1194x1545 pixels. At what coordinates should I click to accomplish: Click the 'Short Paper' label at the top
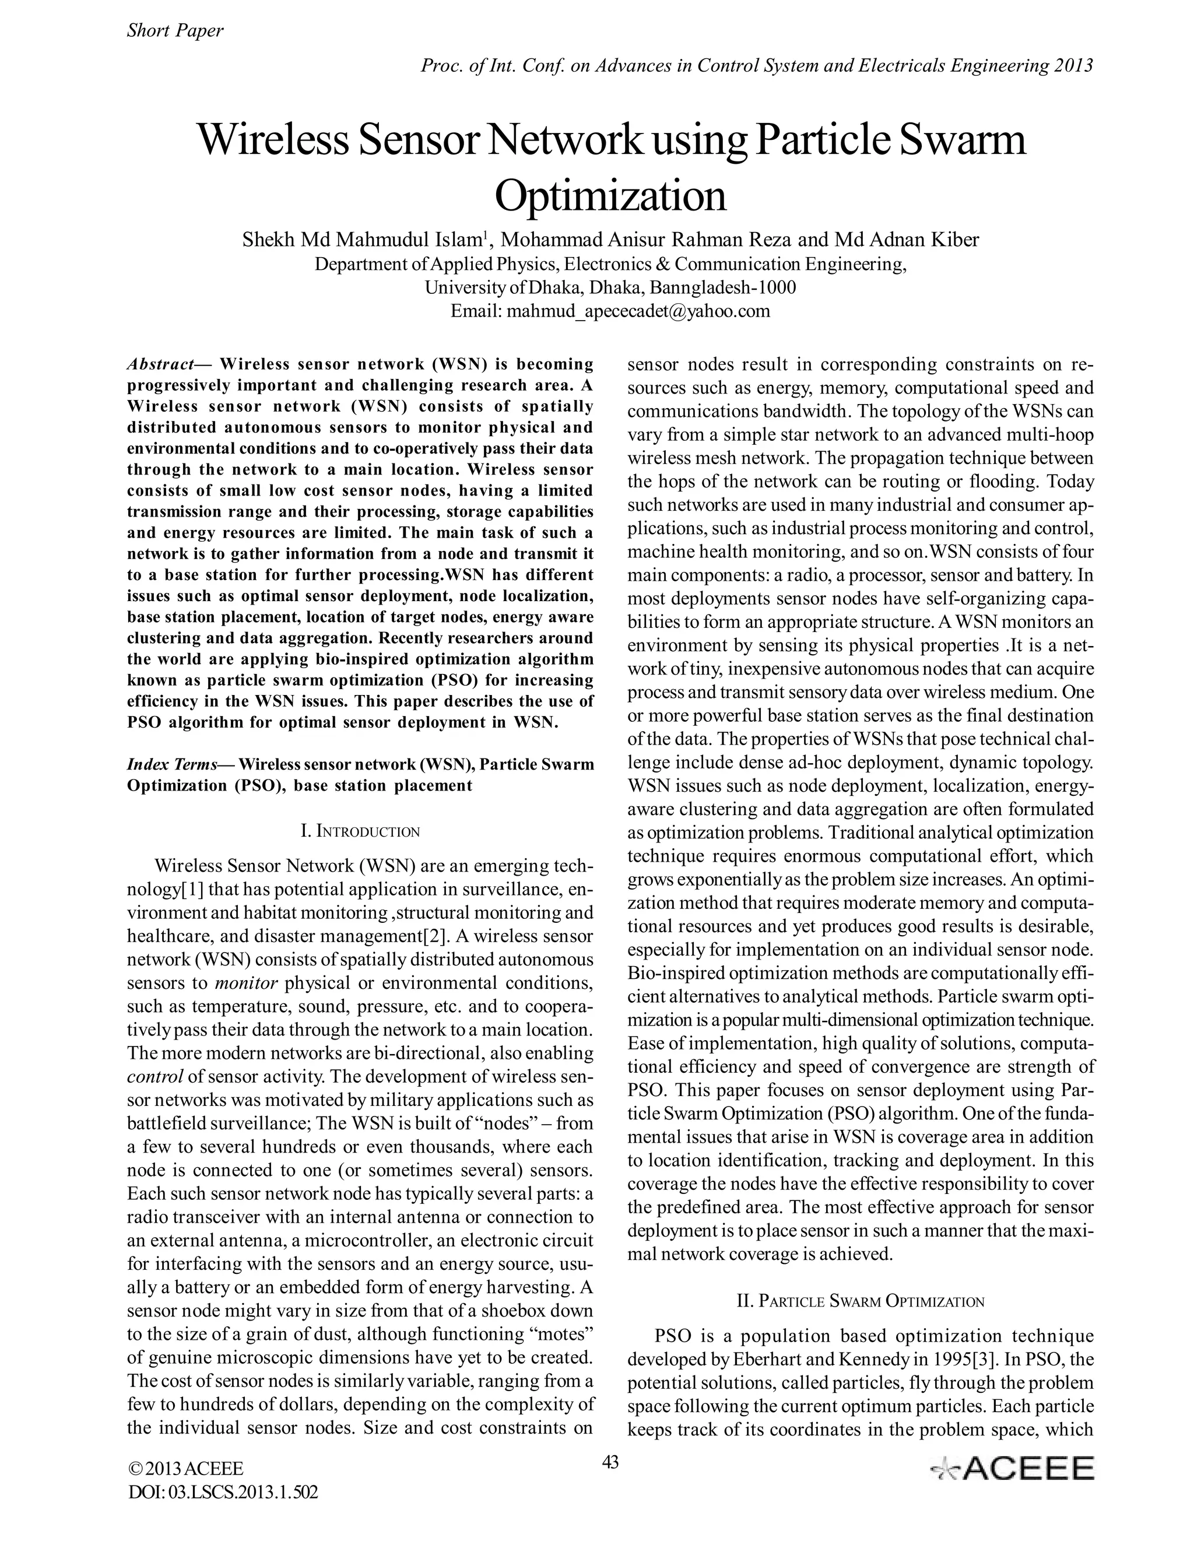click(175, 30)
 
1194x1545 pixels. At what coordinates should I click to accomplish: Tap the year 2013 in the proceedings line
click(1074, 66)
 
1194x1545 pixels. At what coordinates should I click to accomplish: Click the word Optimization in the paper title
click(610, 196)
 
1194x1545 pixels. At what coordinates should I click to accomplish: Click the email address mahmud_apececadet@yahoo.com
click(637, 311)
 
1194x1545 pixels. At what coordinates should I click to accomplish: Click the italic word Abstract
click(160, 364)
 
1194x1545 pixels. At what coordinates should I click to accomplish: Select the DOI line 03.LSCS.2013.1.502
click(223, 1493)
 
